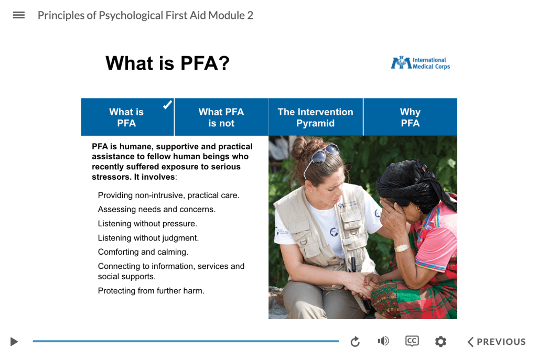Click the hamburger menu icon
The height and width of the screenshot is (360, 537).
coord(19,15)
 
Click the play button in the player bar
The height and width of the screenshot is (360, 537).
coord(14,342)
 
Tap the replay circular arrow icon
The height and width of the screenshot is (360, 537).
coord(355,342)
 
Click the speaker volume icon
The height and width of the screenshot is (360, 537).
coord(383,341)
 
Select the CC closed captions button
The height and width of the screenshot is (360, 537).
coord(412,341)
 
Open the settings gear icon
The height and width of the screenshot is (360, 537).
coord(441,342)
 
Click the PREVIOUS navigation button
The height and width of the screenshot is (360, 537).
coord(496,342)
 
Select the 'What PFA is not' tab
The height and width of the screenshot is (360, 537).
coord(221,117)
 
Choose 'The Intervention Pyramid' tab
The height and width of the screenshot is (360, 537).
coord(315,117)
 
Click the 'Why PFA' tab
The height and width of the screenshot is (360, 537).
coord(410,117)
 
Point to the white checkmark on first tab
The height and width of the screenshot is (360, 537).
coord(167,105)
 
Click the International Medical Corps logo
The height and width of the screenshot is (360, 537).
coord(420,63)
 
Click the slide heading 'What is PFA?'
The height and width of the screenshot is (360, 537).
coord(168,63)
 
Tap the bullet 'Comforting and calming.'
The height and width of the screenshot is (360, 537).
coord(143,252)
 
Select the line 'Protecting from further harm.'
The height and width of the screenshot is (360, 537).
coord(151,291)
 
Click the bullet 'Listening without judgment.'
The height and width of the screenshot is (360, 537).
coord(148,238)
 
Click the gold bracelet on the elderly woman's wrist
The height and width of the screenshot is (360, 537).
coord(402,247)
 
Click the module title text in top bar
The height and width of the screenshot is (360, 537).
coord(145,15)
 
